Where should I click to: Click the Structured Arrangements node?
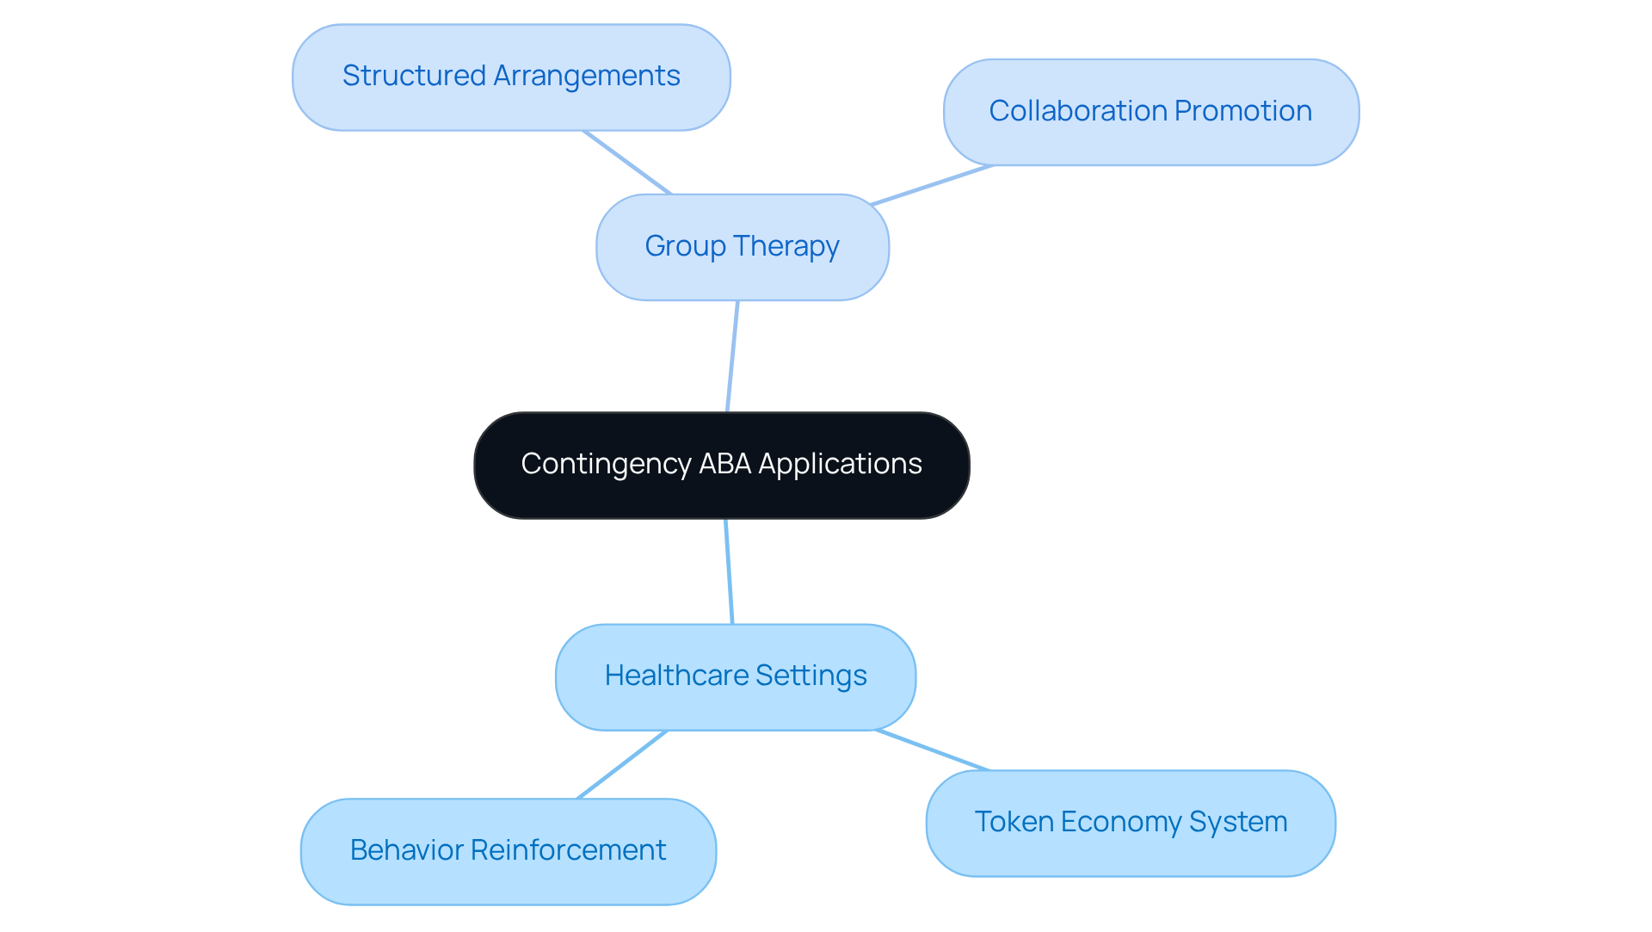click(511, 77)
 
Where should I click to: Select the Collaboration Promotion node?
click(1150, 112)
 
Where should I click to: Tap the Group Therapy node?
click(742, 247)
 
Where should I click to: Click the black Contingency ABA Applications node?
click(721, 465)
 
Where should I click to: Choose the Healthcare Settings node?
click(735, 676)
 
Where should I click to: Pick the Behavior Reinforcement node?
click(508, 851)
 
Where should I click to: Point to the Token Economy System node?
click(1130, 823)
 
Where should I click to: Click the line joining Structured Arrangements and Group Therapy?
click(626, 162)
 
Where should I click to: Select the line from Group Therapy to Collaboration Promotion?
click(932, 185)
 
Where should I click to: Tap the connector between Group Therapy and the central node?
click(732, 356)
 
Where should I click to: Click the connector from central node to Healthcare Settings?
click(729, 571)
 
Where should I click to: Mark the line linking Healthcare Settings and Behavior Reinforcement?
click(621, 765)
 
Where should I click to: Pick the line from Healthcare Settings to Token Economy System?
click(932, 750)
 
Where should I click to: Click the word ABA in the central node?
click(724, 464)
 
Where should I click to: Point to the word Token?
click(1014, 822)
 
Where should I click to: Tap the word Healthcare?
click(676, 676)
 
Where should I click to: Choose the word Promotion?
click(1242, 111)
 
